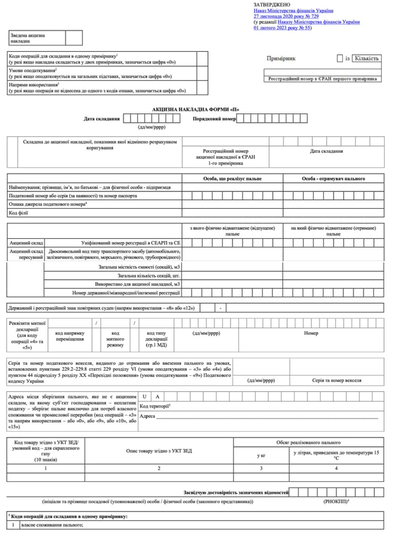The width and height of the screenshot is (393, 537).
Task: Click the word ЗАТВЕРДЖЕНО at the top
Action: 272,4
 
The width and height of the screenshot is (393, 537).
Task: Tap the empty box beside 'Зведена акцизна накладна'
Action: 74,37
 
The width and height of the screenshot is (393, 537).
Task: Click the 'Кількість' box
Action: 367,58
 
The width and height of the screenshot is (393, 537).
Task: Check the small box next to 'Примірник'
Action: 340,58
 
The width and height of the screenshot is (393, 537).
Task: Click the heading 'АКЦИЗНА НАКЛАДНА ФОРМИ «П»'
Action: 196,110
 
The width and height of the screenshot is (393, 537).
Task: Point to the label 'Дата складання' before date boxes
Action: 101,119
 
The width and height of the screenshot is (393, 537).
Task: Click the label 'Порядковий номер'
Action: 214,119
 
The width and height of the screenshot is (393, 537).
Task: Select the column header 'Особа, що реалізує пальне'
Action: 232,178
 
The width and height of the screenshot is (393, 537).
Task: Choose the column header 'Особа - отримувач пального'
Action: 334,178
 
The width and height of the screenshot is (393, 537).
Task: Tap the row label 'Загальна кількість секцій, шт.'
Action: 149,275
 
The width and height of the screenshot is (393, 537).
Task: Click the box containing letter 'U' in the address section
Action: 145,397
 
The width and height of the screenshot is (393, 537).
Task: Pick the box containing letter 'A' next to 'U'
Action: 157,397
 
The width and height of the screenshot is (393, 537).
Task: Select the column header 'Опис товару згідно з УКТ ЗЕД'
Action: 159,450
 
